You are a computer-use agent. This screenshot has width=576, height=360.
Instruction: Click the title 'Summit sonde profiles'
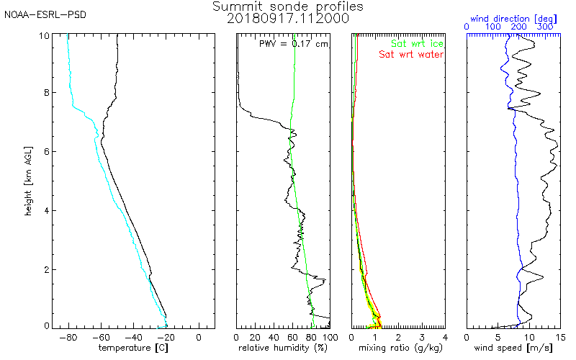(288, 6)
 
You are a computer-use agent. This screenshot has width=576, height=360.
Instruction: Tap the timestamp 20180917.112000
(288, 18)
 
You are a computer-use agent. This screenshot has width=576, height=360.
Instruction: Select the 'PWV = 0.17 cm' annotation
(293, 43)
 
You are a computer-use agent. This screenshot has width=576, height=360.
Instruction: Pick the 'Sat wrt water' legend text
(412, 54)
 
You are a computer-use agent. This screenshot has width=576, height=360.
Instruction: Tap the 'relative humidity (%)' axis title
(283, 348)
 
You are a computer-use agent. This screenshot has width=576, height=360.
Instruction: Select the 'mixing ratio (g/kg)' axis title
(397, 348)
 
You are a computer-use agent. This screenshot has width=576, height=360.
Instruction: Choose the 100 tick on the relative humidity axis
(329, 336)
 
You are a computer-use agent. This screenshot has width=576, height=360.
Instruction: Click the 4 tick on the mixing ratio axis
(444, 336)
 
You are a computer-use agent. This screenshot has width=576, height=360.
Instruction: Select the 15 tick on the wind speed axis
(561, 336)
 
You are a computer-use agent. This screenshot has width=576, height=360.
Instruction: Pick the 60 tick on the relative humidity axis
(292, 336)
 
